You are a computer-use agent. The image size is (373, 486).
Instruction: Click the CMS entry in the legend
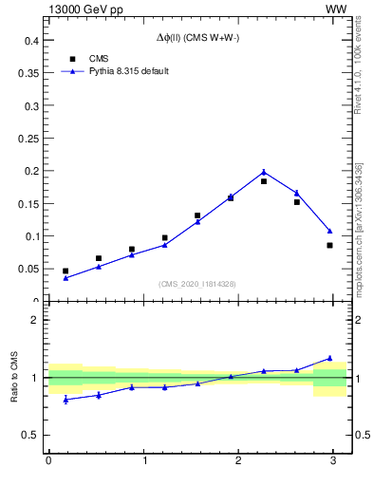pos(98,59)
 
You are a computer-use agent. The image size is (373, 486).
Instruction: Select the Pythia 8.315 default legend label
pos(128,71)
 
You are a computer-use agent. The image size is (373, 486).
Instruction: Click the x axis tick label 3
pos(333,460)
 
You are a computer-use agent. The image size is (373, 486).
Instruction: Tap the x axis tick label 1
pos(144,460)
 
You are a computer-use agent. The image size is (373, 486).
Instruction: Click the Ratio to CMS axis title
pos(16,378)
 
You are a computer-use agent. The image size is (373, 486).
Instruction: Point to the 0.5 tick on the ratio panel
pos(31,436)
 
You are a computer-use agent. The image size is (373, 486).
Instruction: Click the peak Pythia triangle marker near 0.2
pos(264,172)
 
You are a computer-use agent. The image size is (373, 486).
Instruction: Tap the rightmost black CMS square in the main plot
pos(329,245)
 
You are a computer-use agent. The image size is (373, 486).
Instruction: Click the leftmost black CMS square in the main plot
pos(65,271)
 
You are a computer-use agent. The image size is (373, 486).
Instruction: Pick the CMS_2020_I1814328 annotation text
pos(197,285)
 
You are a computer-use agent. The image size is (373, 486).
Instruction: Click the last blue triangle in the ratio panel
pos(329,358)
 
